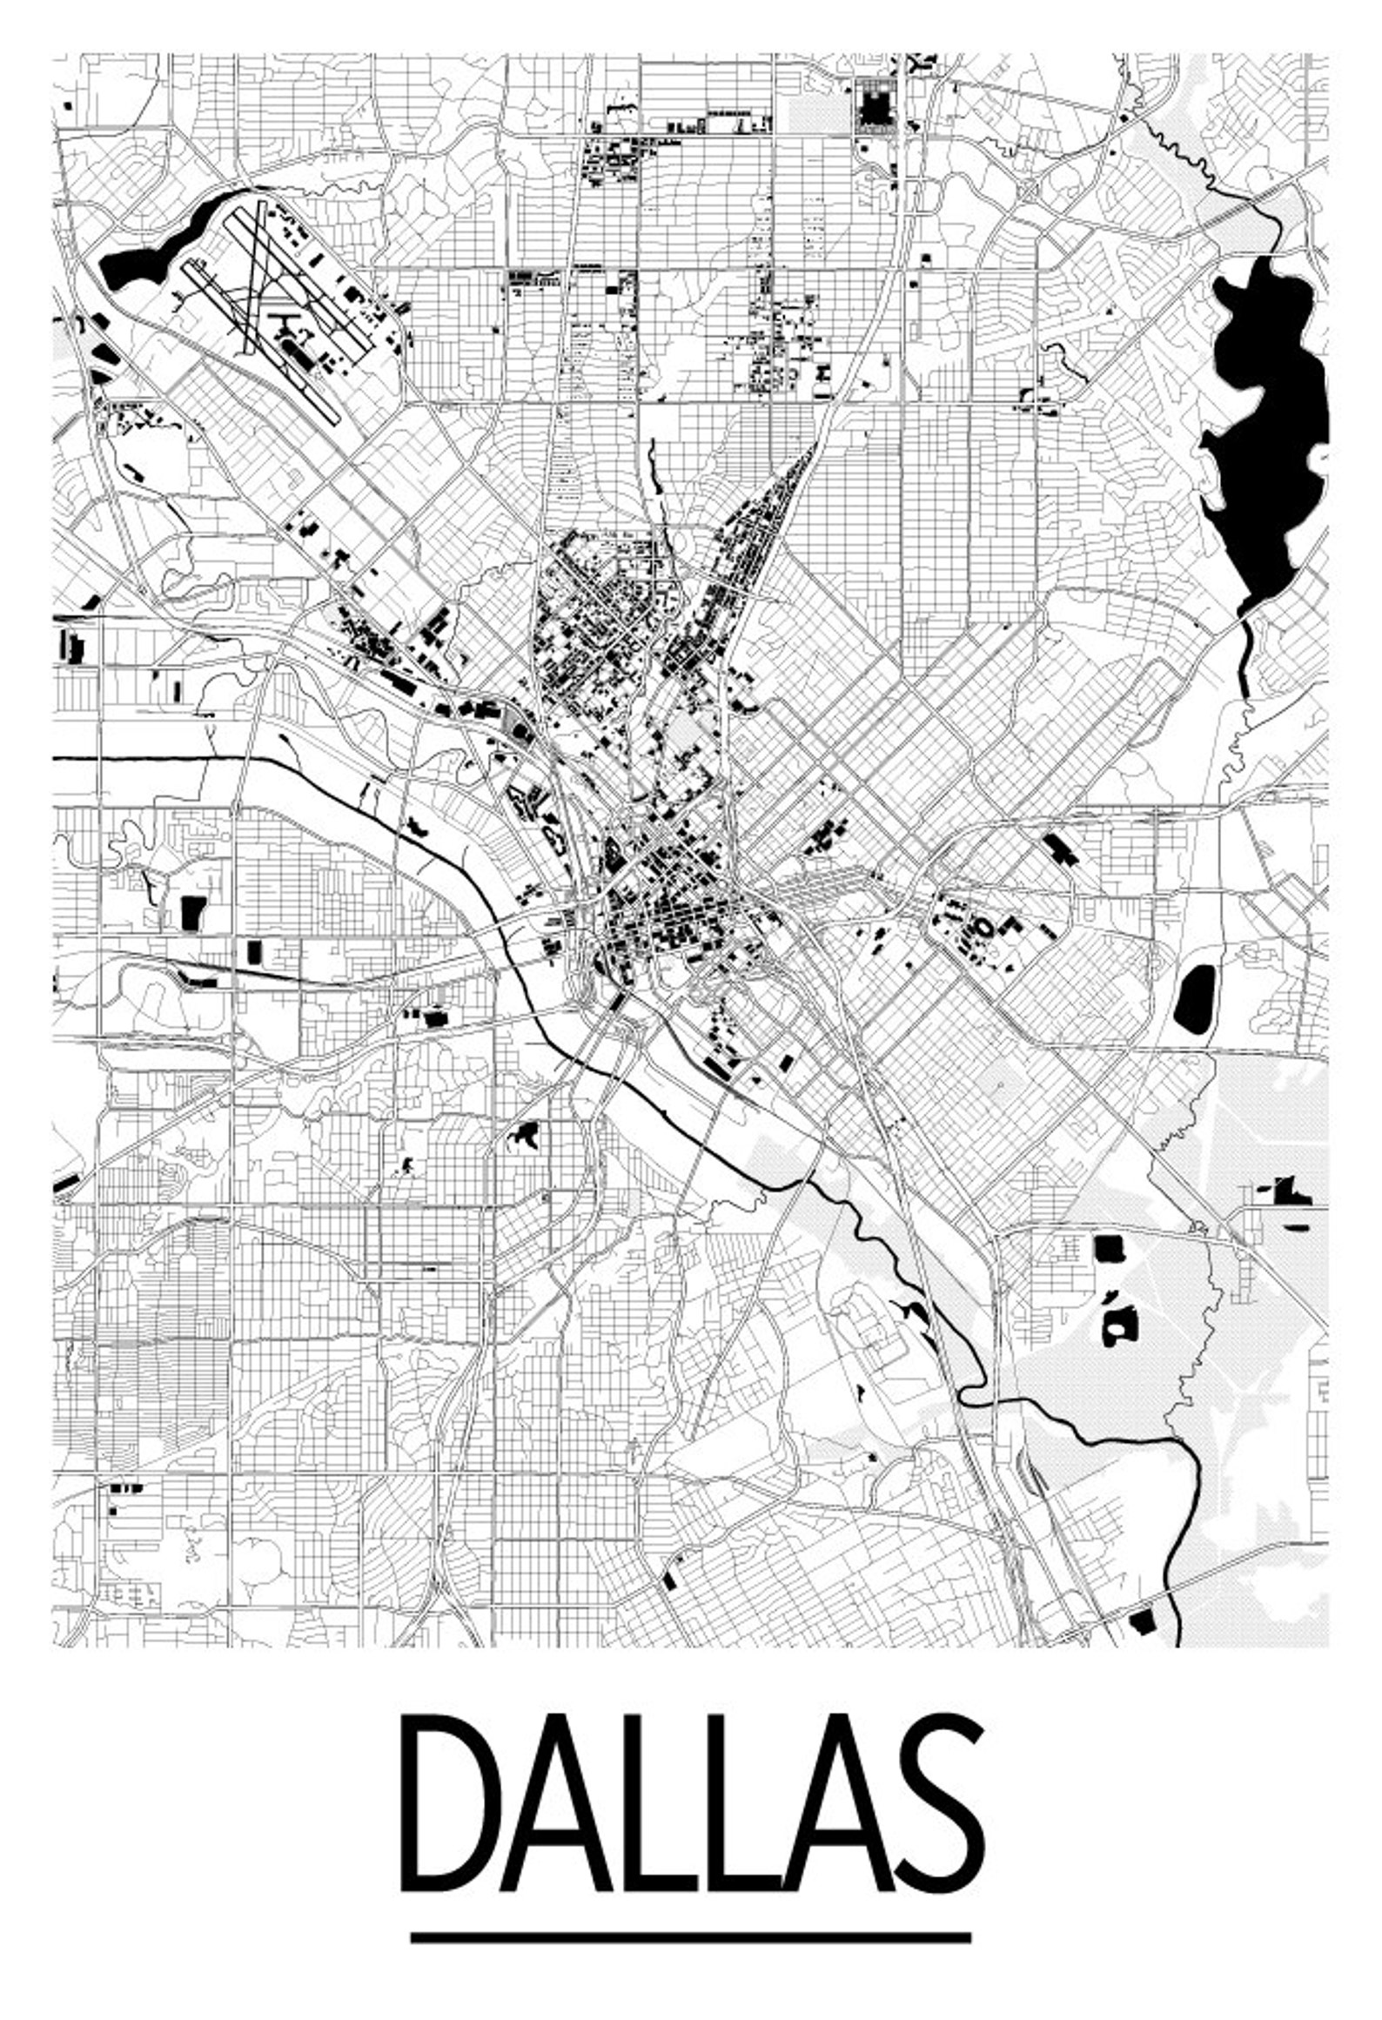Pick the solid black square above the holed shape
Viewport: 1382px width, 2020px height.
pos(1108,1249)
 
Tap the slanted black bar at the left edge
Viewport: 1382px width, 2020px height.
pos(67,1184)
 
